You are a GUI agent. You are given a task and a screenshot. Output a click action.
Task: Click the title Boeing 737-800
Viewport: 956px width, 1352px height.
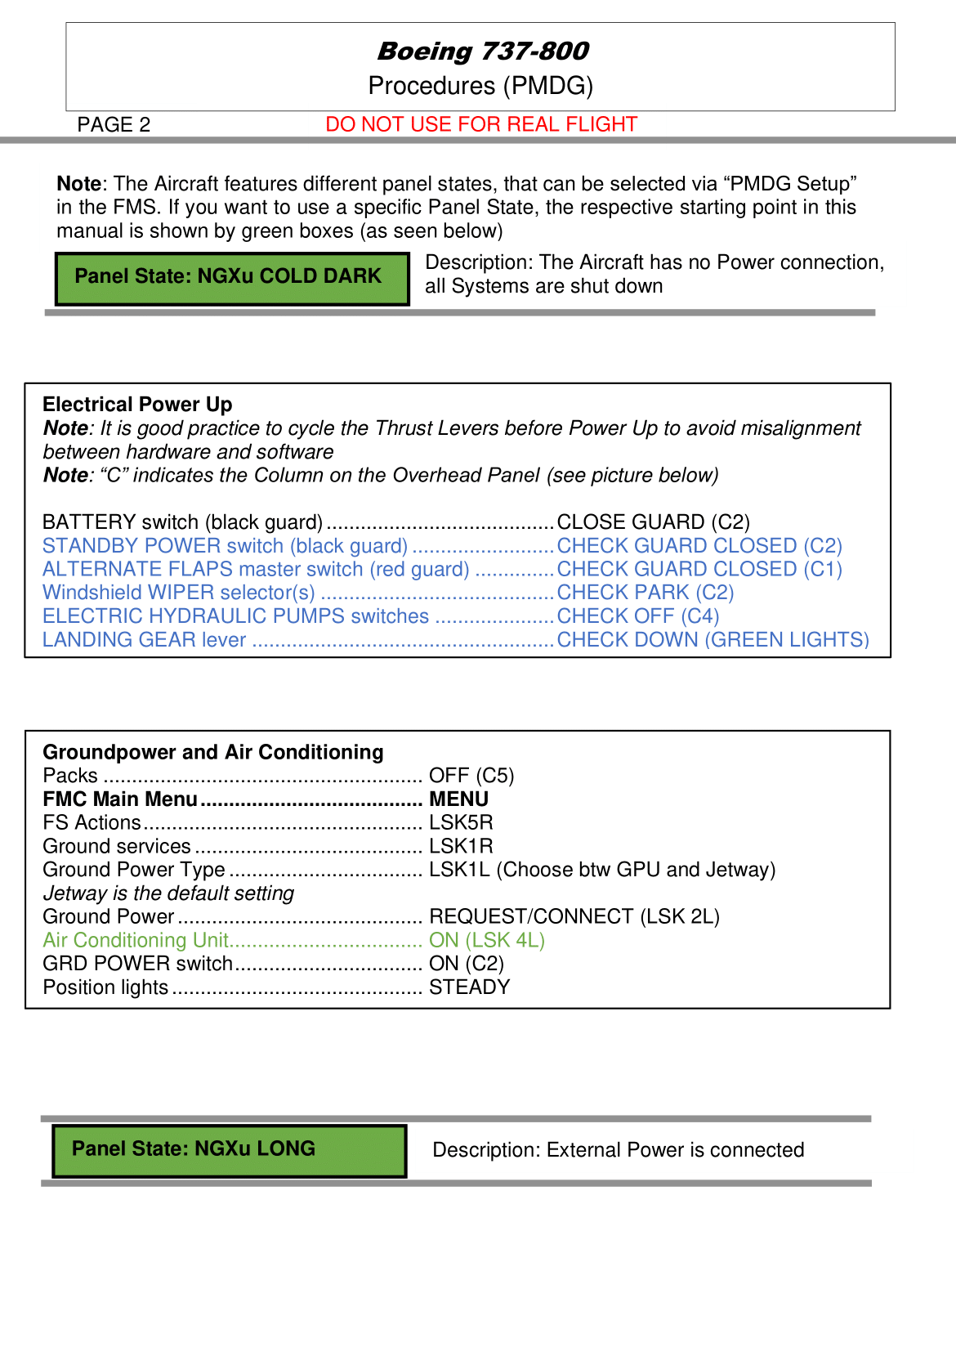pos(482,51)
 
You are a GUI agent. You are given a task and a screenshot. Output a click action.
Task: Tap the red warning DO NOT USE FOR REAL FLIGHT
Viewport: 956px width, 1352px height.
pos(480,124)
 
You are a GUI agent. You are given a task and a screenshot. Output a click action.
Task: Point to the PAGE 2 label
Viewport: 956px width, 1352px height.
pos(114,124)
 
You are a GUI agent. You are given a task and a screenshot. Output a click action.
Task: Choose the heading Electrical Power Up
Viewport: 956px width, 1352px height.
pos(137,405)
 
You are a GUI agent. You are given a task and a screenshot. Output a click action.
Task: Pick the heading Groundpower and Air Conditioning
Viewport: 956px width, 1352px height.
pos(212,752)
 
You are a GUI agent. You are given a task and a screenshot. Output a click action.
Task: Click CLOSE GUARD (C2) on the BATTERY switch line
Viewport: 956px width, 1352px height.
pos(653,522)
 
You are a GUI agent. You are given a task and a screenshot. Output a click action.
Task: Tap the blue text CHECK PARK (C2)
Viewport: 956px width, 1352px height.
pos(645,593)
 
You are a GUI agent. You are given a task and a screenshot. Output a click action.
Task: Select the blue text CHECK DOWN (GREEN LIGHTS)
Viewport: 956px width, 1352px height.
pos(713,640)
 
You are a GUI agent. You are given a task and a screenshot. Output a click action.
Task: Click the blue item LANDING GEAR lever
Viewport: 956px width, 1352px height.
pos(144,640)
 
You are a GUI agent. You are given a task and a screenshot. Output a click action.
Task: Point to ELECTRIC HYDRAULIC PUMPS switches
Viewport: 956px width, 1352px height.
pos(235,616)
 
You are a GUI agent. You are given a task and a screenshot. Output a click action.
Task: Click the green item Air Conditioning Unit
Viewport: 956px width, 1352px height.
pos(136,940)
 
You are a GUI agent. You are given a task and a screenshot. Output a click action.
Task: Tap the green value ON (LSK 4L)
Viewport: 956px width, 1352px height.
pos(486,940)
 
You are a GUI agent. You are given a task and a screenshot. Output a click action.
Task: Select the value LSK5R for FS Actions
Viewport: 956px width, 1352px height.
pos(461,822)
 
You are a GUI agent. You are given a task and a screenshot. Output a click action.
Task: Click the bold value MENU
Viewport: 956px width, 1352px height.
pos(458,799)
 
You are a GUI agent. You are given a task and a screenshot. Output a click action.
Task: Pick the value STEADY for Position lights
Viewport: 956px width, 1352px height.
pos(469,987)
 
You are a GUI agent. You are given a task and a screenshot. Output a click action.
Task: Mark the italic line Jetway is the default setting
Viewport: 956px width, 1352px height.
pos(168,893)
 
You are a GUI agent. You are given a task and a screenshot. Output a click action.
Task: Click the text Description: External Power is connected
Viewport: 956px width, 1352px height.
pos(618,1150)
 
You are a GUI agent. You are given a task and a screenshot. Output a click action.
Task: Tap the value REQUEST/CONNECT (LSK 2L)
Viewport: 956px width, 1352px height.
pos(574,916)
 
